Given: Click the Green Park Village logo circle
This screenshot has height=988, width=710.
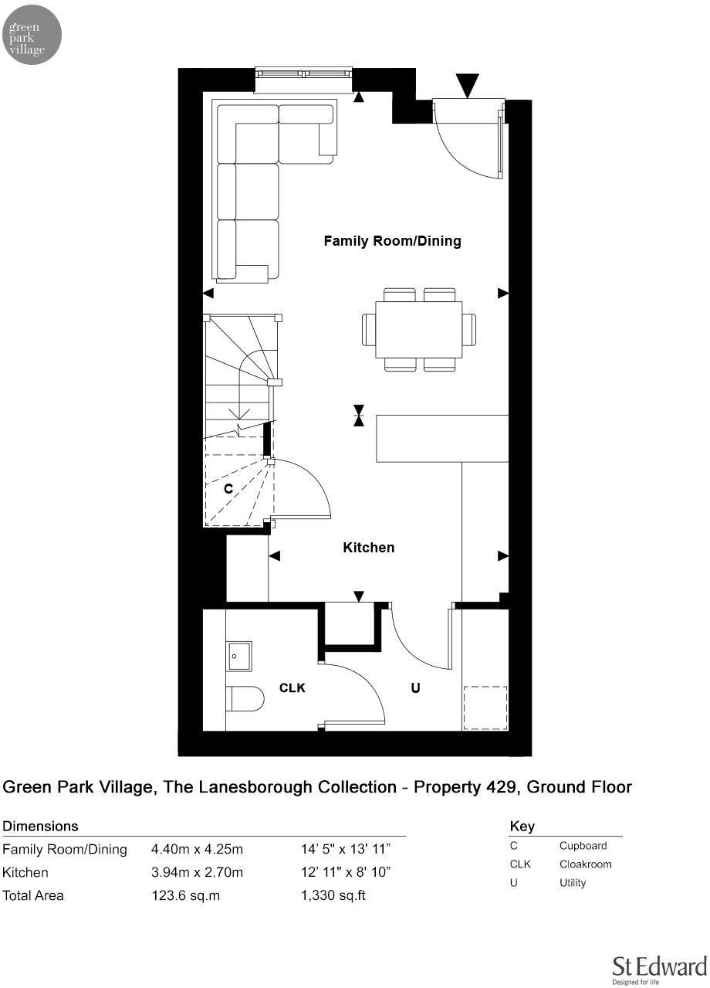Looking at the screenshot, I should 33,34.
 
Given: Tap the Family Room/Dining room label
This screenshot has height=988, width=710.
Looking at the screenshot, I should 392,241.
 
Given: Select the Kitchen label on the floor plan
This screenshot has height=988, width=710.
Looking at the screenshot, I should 368,548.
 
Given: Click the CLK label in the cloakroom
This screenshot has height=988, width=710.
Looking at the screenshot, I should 292,688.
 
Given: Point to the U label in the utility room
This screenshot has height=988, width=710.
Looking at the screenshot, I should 415,688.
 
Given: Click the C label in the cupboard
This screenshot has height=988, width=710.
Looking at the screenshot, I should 228,489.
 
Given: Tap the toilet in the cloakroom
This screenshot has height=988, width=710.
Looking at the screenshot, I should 245,698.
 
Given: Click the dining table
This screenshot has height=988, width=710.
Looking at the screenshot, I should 419,330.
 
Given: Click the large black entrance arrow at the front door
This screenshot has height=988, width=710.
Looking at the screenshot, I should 468,84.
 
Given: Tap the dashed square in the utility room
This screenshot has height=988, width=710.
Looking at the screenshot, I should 485,708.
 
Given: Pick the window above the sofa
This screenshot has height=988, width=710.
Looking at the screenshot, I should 304,74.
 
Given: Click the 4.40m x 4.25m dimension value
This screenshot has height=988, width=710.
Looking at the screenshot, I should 197,850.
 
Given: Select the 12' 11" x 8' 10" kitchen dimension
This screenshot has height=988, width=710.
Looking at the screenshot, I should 346,873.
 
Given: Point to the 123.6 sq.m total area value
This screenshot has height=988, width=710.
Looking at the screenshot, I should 186,896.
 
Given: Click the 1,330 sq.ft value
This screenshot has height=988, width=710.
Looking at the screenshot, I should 332,896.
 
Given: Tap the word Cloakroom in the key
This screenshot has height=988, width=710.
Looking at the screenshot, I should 585,864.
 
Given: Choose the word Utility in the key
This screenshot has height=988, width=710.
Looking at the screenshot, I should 573,883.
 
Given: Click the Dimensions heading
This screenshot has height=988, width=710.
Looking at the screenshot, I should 41,827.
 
